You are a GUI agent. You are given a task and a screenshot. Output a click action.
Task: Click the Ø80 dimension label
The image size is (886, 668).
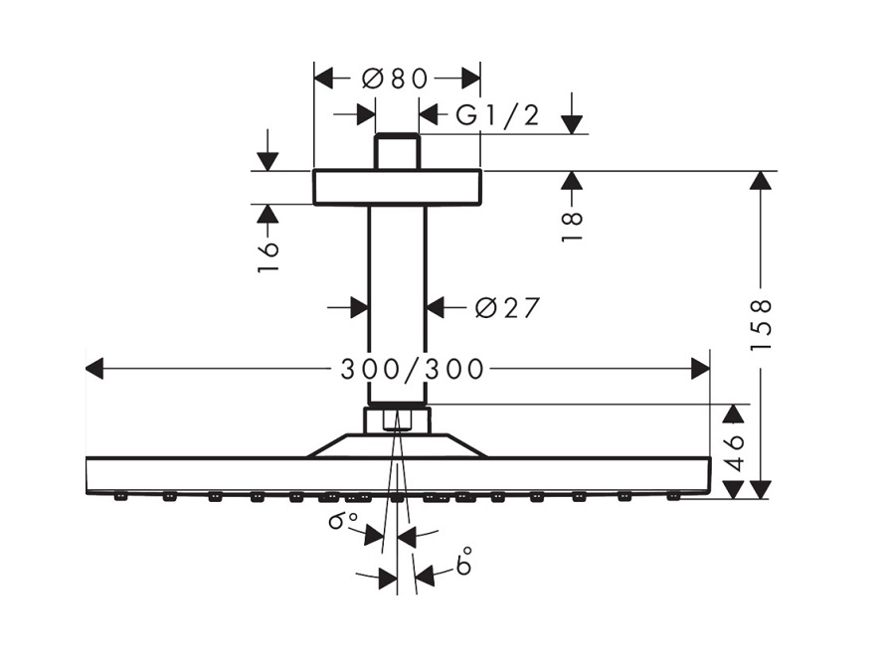(x=395, y=79)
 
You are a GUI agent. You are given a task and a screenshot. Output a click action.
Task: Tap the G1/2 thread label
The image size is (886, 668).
(x=497, y=116)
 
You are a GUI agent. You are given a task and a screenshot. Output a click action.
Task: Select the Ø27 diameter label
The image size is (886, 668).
(x=507, y=308)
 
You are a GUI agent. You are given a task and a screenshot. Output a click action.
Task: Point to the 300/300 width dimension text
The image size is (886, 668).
(x=413, y=370)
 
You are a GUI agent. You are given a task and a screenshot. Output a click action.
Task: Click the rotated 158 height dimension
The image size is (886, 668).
(x=762, y=324)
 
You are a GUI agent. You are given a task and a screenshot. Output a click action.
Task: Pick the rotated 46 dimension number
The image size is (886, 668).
(x=734, y=452)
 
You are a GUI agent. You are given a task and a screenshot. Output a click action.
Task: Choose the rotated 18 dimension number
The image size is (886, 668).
(x=571, y=227)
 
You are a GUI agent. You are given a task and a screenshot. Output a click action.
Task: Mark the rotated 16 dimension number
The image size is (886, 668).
(x=267, y=254)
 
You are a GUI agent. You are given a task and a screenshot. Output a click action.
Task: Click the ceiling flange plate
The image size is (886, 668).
(x=397, y=187)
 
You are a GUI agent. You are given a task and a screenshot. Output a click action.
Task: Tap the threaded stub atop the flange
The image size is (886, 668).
(x=397, y=151)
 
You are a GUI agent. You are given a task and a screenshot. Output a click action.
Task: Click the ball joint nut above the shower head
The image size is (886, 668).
(x=397, y=419)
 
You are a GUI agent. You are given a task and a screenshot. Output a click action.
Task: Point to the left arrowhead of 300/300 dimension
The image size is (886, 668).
(x=94, y=370)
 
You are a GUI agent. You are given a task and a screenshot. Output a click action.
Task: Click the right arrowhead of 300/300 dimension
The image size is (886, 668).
(x=701, y=370)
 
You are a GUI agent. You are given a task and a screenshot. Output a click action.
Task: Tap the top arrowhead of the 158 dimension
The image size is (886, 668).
(x=762, y=180)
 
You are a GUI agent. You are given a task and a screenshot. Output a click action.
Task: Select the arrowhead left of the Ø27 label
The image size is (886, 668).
(x=360, y=308)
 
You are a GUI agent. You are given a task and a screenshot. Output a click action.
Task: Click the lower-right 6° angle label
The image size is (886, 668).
(x=463, y=565)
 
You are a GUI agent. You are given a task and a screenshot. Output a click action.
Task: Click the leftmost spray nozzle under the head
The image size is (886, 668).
(x=120, y=496)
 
